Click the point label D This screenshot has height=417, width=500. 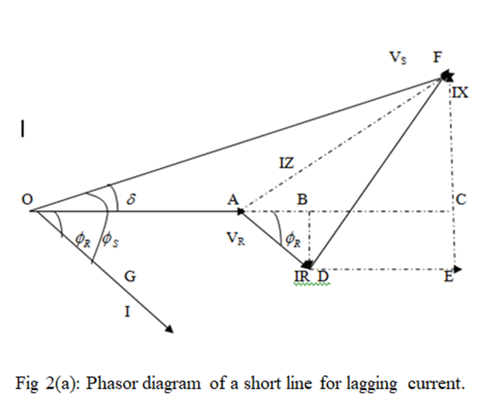(x=323, y=276)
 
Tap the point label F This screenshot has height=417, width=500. (x=437, y=57)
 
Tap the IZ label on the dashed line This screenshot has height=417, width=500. (x=286, y=161)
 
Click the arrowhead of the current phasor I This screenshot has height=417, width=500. (x=169, y=327)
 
